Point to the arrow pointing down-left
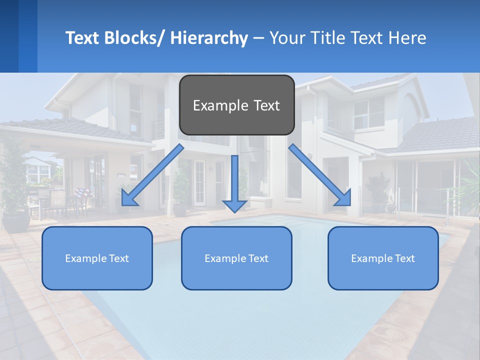[x=152, y=175]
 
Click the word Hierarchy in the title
[x=209, y=38]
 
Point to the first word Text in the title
[x=82, y=38]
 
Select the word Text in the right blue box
[x=404, y=258]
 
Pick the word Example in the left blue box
[x=86, y=258]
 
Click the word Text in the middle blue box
[x=257, y=258]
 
